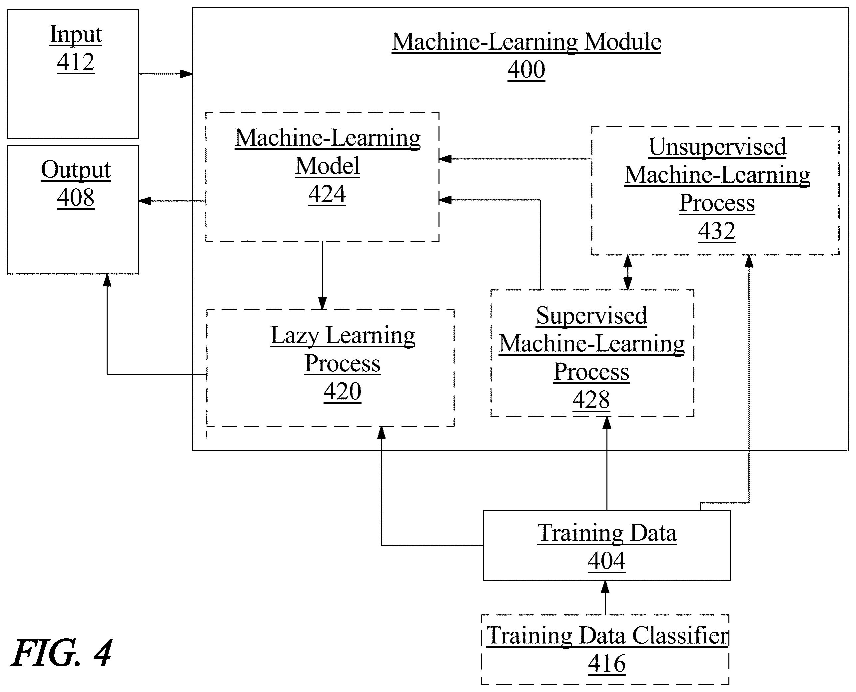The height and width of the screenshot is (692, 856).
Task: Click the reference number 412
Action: tap(76, 63)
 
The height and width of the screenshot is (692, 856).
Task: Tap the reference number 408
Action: tap(76, 198)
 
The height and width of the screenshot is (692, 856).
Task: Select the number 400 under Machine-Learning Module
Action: tap(526, 70)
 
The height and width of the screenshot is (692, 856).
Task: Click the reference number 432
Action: tap(716, 231)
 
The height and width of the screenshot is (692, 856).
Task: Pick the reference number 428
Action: tap(591, 400)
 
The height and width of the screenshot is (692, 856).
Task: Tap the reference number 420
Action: tap(342, 392)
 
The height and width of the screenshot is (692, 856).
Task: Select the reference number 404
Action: tap(606, 561)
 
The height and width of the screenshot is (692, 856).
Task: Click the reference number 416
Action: tap(606, 664)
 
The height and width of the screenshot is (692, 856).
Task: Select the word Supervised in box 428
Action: tap(591, 316)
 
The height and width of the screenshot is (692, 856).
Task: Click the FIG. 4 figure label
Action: tap(62, 653)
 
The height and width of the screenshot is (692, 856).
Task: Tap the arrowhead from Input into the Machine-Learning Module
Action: tap(186, 74)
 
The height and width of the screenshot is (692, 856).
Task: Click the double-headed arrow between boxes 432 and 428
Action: tap(628, 272)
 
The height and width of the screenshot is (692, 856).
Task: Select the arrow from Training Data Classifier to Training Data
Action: tap(605, 598)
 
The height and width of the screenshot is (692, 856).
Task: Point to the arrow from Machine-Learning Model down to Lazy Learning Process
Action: tap(323, 275)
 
